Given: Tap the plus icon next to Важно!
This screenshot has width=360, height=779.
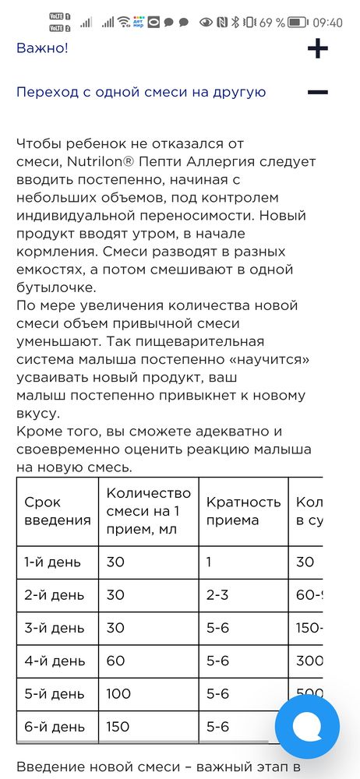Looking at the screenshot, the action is [x=317, y=49].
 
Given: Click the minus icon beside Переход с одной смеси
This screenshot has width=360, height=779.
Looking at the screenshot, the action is [x=317, y=93].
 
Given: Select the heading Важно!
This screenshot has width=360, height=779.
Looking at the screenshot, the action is [x=43, y=48].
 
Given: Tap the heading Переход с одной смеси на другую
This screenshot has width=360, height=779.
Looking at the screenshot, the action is [x=141, y=93].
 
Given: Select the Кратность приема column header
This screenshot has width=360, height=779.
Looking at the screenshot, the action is [x=243, y=511].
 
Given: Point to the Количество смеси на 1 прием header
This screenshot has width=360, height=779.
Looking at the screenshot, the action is [x=148, y=511].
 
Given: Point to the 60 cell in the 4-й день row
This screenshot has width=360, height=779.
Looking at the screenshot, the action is [x=115, y=661].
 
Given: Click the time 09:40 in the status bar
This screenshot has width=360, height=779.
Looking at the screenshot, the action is [x=326, y=23].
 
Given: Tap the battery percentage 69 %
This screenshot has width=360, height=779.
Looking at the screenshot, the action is [x=271, y=23].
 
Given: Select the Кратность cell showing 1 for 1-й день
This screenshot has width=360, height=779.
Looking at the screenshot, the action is [x=210, y=562].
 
